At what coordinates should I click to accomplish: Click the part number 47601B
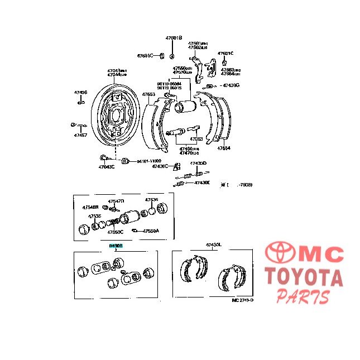click(173, 38)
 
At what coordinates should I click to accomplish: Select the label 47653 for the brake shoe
click(148, 94)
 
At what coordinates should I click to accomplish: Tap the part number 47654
click(223, 148)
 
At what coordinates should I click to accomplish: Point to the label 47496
click(80, 93)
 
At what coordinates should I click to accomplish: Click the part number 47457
click(80, 135)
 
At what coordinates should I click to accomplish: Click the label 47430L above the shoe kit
click(213, 245)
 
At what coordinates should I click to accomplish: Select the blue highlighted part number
click(116, 245)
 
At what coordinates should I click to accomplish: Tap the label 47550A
click(150, 231)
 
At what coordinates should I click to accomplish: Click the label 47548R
click(90, 207)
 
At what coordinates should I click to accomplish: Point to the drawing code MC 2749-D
click(242, 300)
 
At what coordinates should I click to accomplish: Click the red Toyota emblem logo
click(281, 254)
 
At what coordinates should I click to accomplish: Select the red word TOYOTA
click(303, 277)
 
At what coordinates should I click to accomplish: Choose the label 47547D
click(116, 201)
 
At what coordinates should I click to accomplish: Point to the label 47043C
click(106, 166)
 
